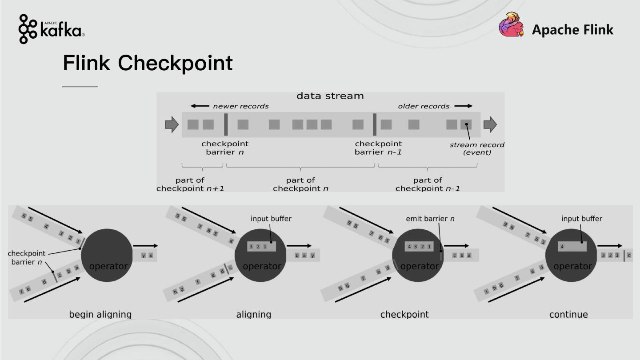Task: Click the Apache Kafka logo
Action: pos(51,29)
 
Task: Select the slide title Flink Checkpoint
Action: pos(148,63)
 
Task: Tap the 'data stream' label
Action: pos(330,96)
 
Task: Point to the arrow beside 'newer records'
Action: pos(200,106)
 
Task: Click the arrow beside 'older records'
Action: pos(464,106)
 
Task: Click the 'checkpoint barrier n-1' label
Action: pos(378,148)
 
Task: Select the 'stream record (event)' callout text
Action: pos(477,148)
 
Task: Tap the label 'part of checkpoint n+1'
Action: pos(190,184)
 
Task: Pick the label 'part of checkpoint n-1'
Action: pos(428,184)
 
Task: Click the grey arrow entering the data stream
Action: pos(172,124)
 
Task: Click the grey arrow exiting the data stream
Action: pos(490,124)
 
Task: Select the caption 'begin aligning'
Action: pos(100,315)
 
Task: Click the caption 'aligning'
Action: pos(253,315)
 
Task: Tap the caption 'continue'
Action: pos(568,315)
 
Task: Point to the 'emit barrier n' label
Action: pos(430,219)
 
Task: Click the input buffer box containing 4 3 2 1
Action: pos(419,247)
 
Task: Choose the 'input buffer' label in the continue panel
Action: pos(582,219)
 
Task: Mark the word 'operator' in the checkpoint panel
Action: pos(419,266)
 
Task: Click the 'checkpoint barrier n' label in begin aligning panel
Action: pos(27,258)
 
